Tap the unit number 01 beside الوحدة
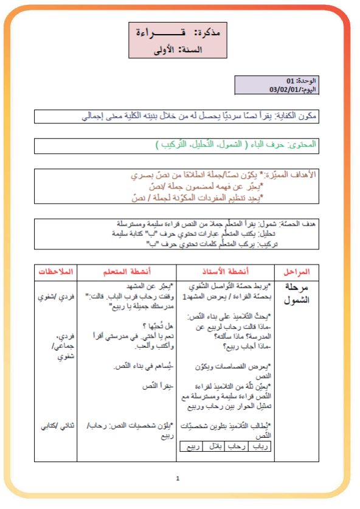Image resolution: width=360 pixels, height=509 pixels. (x=291, y=81)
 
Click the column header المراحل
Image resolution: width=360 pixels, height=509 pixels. (x=296, y=271)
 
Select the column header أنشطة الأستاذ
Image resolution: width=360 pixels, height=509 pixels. (x=225, y=271)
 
